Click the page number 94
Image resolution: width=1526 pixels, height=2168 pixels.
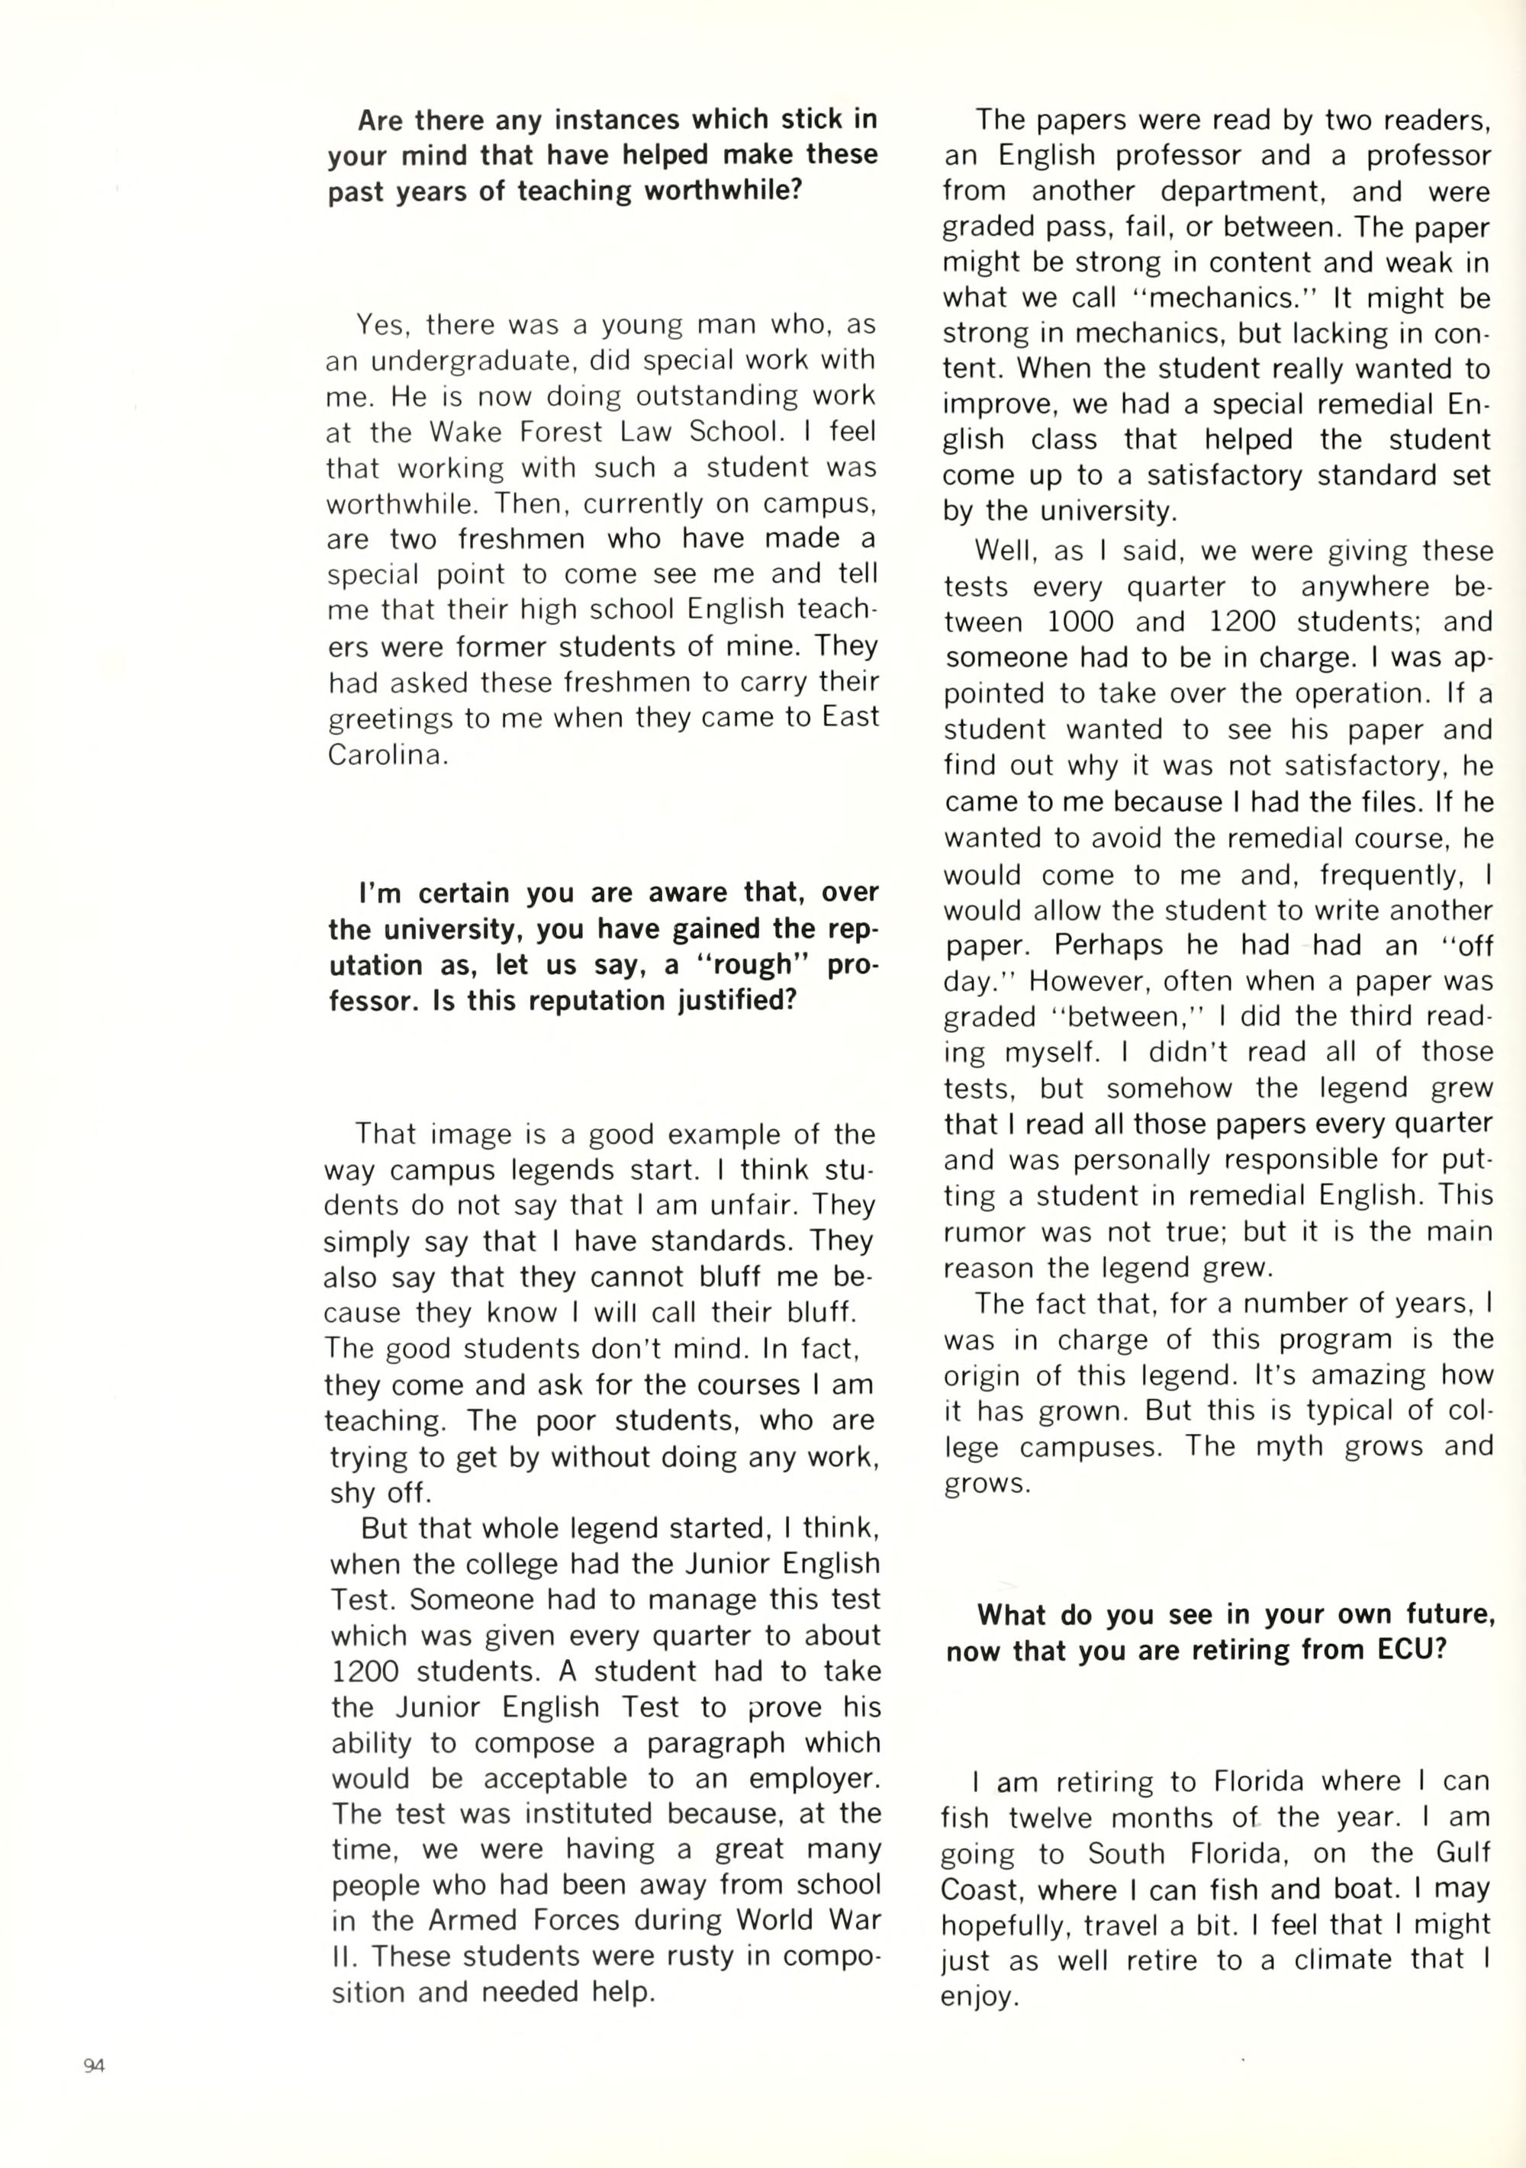tap(94, 2065)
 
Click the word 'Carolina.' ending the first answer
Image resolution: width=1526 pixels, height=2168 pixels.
tap(387, 755)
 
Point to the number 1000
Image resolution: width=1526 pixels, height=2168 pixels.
tap(1080, 622)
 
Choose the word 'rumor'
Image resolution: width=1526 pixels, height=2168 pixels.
tap(985, 1231)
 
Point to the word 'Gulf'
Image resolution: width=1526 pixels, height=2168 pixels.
tap(1463, 1853)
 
